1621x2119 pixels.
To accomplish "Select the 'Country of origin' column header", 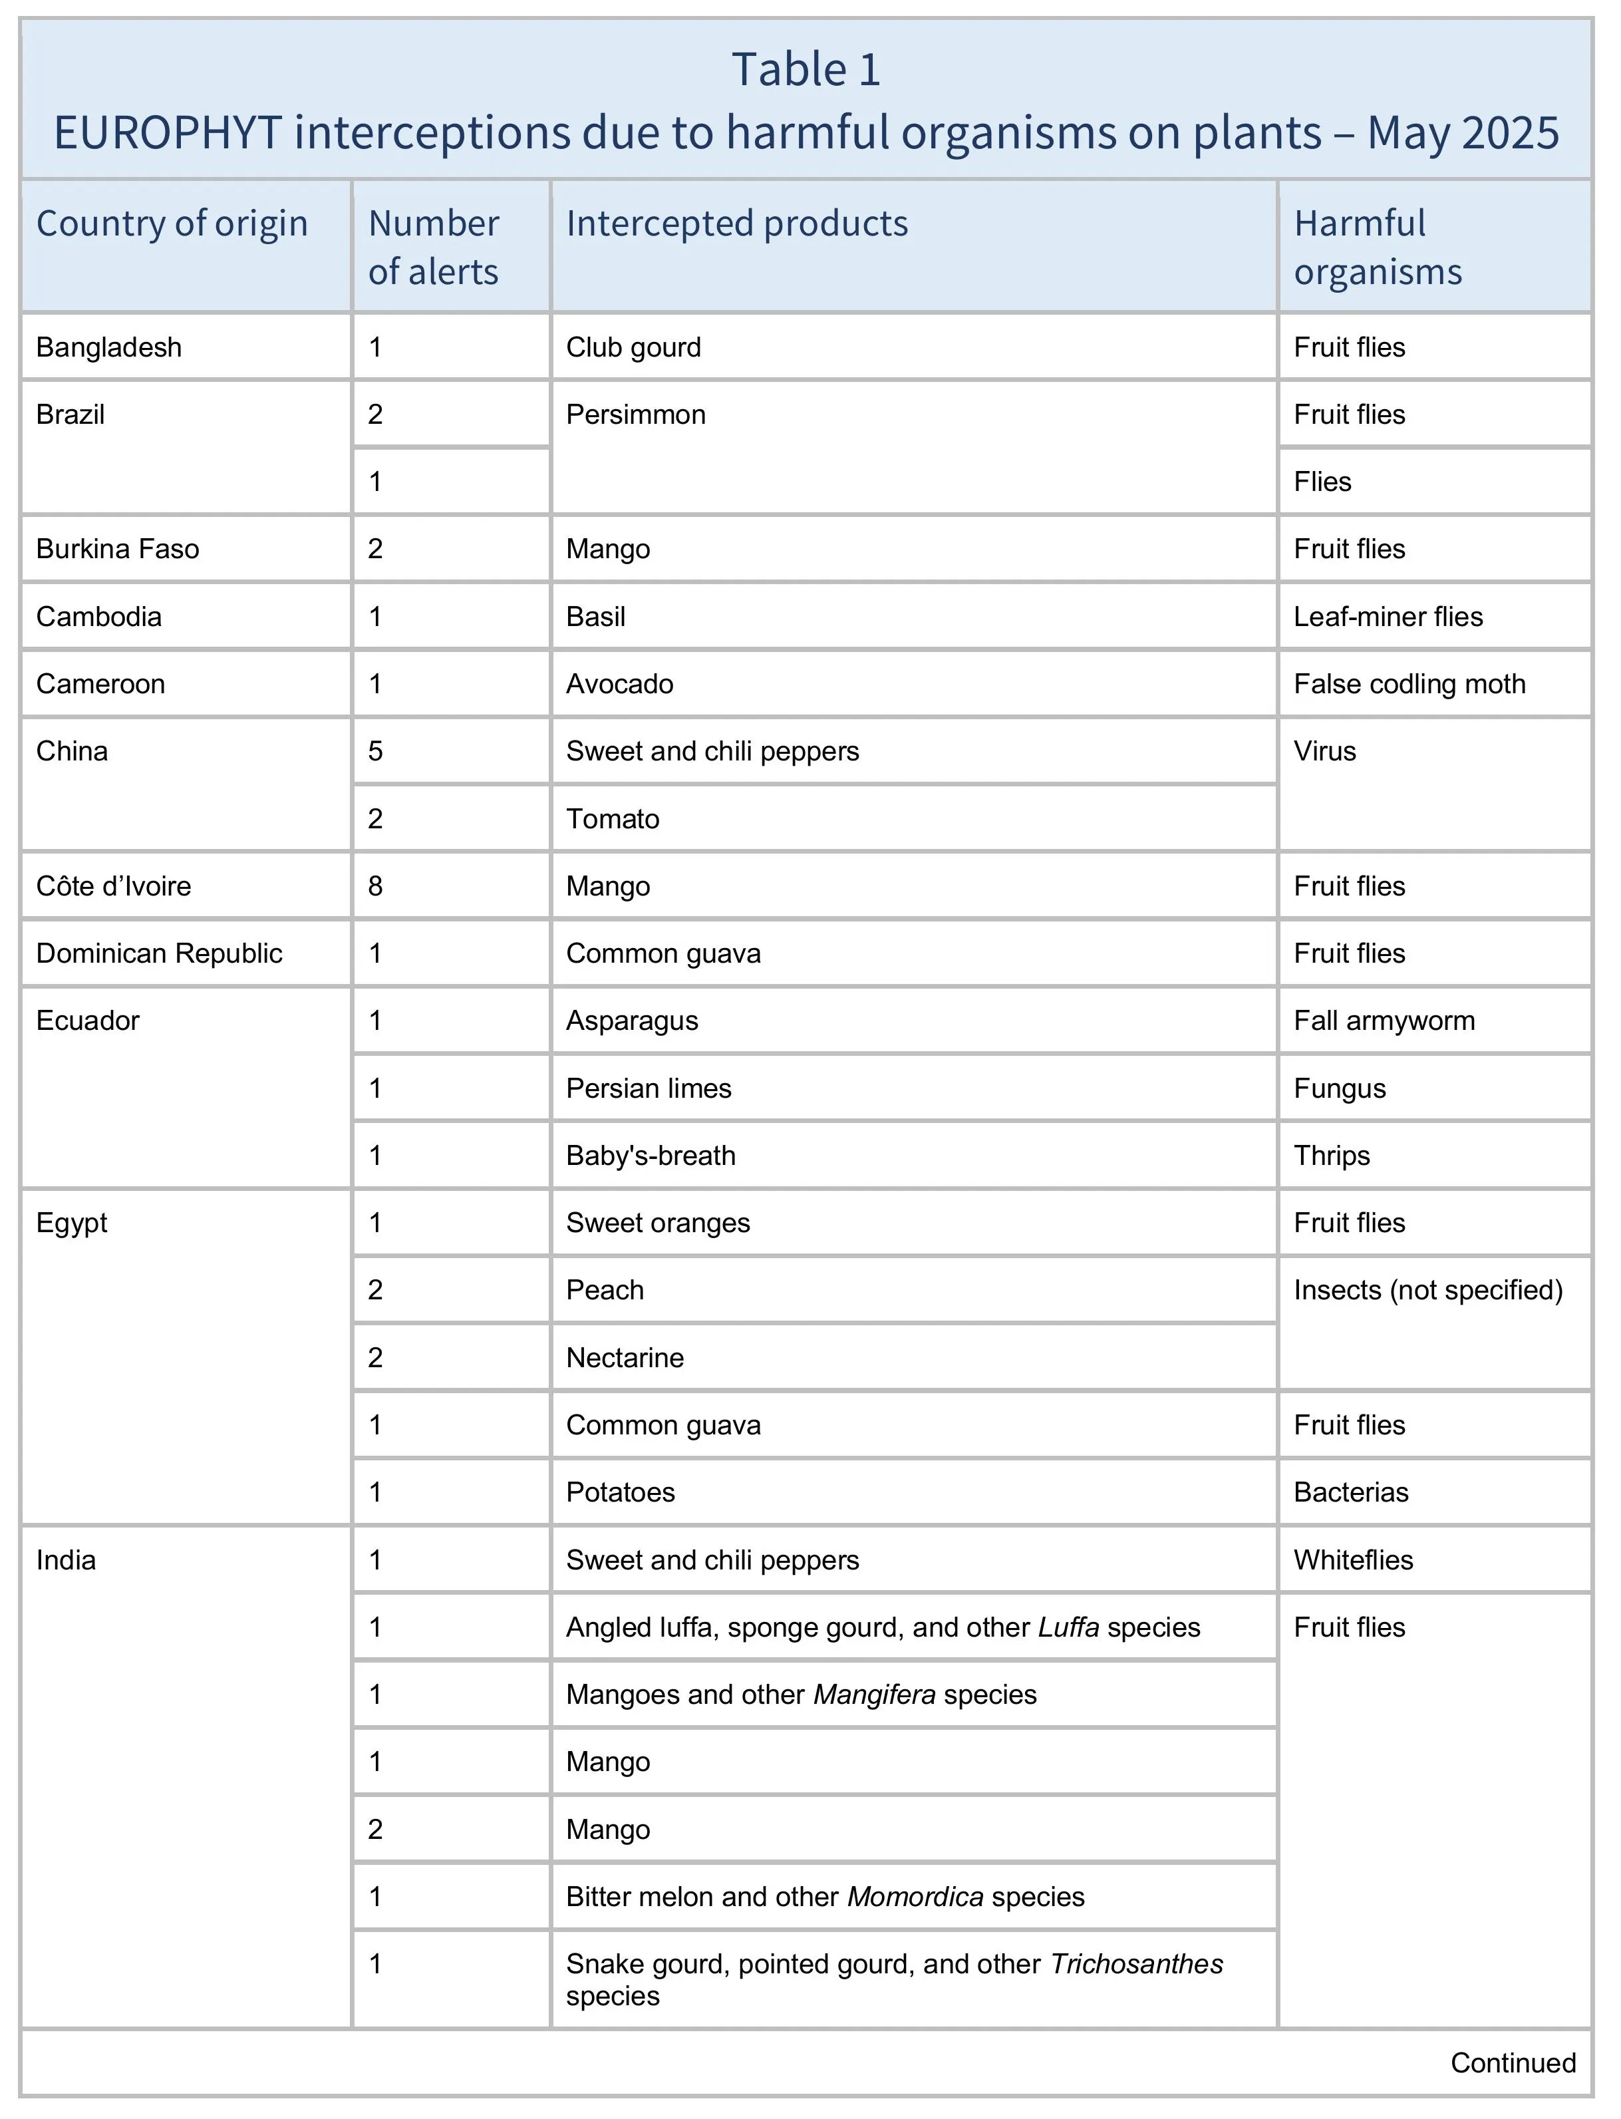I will tap(172, 224).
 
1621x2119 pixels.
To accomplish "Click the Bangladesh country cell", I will tap(109, 347).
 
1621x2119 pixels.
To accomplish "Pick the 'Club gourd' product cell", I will tap(633, 347).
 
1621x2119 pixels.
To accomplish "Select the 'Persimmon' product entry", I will tap(636, 415).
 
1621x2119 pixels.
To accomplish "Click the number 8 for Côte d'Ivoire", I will tap(375, 886).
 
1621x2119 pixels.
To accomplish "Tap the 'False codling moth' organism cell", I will tap(1409, 684).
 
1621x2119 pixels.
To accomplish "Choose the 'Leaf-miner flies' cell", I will tap(1388, 617).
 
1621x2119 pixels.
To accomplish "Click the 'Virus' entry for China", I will tap(1325, 752).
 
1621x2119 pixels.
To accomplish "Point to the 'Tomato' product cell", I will tap(613, 819).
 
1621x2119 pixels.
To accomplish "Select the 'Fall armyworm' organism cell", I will tap(1384, 1021).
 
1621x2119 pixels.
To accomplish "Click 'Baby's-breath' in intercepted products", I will tap(651, 1156).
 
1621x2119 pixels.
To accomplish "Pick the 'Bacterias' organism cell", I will tap(1351, 1493).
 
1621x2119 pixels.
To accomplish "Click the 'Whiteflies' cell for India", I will tap(1353, 1560).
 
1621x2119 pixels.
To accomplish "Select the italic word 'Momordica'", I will tap(915, 1897).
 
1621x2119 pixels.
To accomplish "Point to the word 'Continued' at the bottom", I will tap(1512, 2063).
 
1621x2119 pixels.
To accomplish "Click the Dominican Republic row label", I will tap(159, 953).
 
